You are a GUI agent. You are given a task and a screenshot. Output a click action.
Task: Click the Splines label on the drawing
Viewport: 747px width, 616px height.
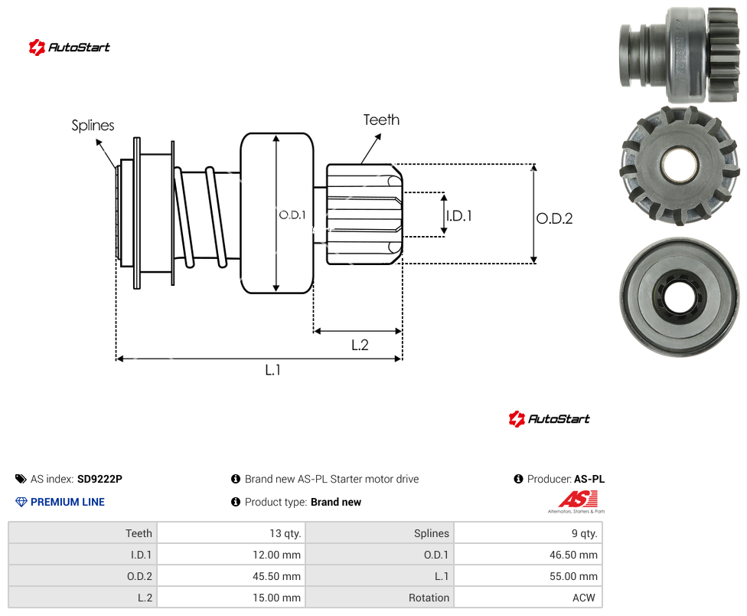pyautogui.click(x=93, y=126)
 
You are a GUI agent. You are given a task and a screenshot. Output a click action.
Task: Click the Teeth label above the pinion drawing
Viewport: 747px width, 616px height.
pyautogui.click(x=381, y=120)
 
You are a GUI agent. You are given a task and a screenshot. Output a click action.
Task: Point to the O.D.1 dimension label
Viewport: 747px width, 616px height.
pyautogui.click(x=292, y=215)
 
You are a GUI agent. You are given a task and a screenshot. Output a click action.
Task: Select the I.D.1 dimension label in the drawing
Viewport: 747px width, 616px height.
pyautogui.click(x=458, y=216)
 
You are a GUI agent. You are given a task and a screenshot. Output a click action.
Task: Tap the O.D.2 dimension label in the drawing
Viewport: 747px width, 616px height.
pyautogui.click(x=554, y=218)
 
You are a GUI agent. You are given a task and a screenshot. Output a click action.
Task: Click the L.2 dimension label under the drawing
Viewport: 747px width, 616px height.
pyautogui.click(x=360, y=345)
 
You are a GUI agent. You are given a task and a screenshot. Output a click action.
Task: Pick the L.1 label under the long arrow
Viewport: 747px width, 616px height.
pyautogui.click(x=272, y=369)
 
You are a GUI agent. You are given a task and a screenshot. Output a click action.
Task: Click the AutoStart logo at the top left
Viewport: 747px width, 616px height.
pyautogui.click(x=69, y=48)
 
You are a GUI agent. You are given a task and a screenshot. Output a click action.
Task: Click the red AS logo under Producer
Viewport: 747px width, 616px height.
pyautogui.click(x=577, y=501)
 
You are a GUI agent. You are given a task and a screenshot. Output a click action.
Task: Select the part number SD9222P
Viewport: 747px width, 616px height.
pyautogui.click(x=99, y=479)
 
